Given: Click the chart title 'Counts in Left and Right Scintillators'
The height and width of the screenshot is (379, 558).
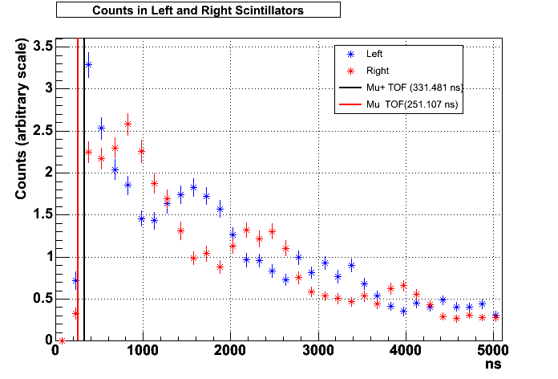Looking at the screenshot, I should [198, 10].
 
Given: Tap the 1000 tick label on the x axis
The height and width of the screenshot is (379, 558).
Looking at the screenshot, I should [143, 350].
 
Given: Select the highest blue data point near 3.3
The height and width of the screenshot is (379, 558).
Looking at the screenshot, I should [88, 64].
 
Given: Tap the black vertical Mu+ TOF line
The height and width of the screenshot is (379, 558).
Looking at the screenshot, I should [84, 201].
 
